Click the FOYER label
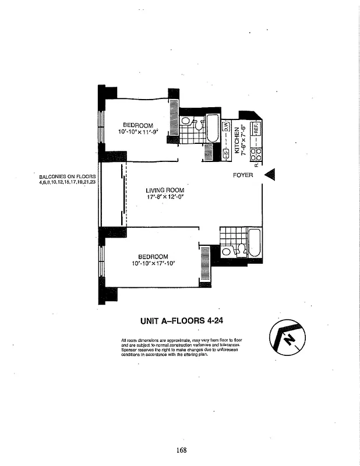point(243,175)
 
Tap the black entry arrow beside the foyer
point(270,175)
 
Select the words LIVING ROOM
point(165,190)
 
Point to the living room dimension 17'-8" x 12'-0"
point(165,197)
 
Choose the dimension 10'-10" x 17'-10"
point(154,263)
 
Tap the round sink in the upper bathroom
point(185,121)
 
